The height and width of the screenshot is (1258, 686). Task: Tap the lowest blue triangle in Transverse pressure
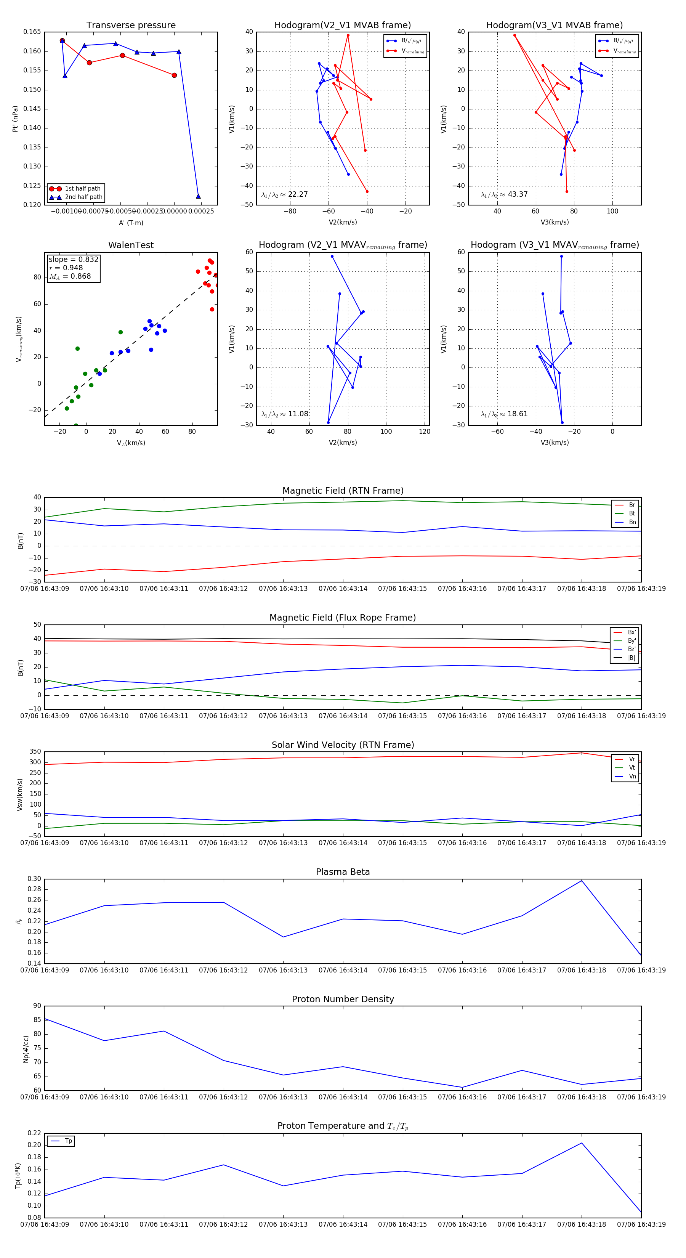198,196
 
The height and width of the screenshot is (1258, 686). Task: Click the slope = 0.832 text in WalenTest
73,259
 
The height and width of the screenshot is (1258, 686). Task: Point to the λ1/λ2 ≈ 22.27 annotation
285,194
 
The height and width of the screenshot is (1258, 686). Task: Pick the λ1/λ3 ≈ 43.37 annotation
504,194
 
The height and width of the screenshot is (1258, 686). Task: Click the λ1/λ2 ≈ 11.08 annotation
285,414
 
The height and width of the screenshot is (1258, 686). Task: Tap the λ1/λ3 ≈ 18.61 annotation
504,414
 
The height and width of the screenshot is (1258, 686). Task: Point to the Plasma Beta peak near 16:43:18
582,881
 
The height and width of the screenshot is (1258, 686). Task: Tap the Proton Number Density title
343,999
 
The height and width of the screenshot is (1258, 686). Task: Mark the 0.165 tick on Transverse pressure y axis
32,32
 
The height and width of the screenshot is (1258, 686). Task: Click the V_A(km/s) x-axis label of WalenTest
131,443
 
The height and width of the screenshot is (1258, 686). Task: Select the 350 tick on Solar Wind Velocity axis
35,752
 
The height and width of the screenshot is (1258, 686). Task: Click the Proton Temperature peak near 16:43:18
582,1143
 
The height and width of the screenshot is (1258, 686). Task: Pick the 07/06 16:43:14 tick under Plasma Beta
343,970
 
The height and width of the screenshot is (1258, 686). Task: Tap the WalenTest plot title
131,245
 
